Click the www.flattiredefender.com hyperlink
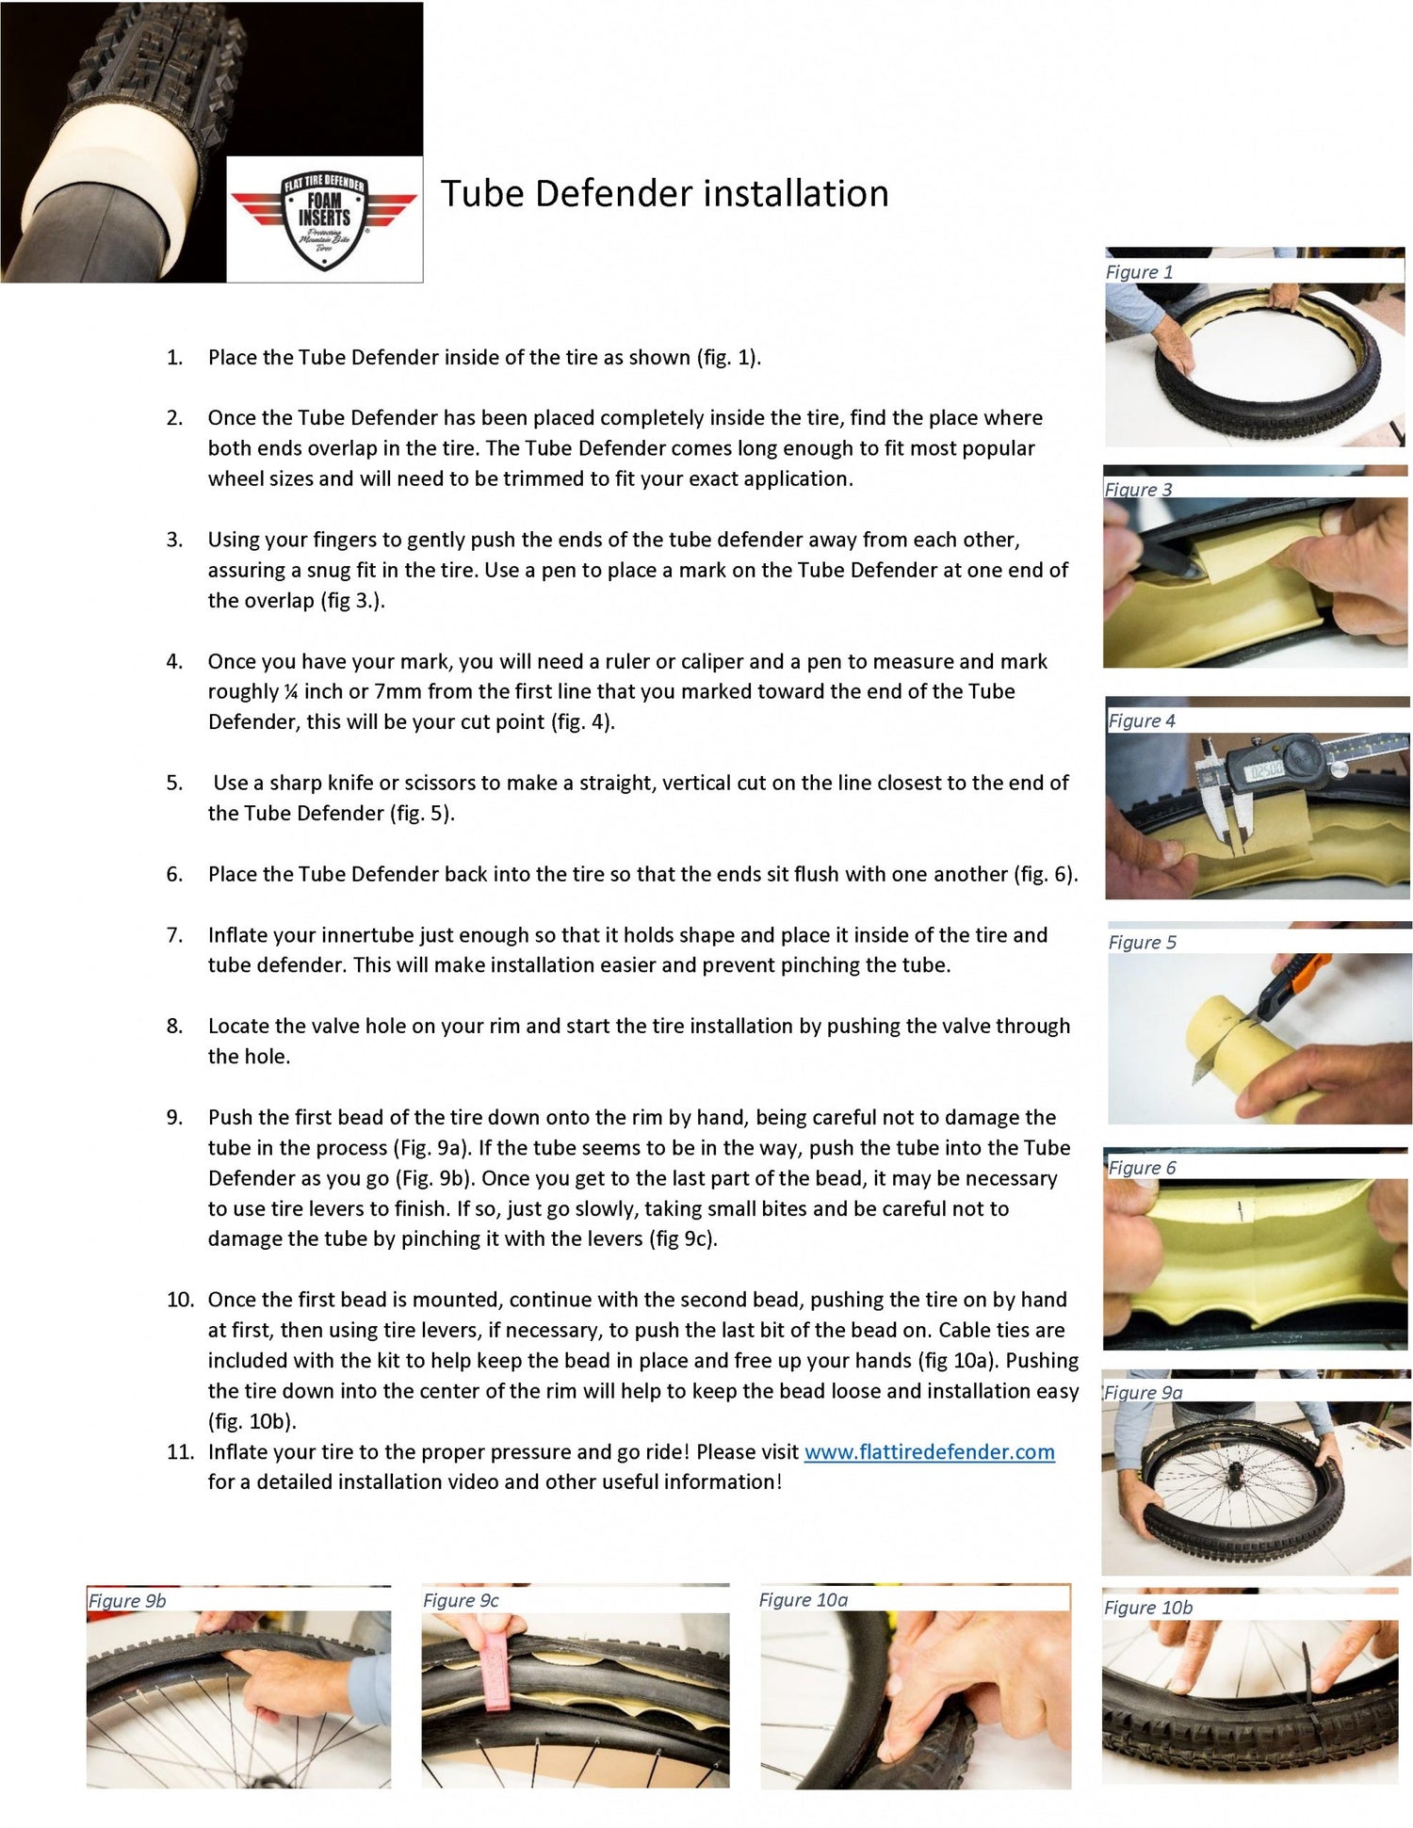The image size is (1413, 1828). (929, 1452)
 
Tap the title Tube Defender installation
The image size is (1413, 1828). (665, 193)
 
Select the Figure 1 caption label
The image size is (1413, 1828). (1139, 272)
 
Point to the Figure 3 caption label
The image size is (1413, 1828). (1138, 490)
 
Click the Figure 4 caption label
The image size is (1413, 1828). (1142, 721)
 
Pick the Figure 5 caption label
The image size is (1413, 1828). (1142, 943)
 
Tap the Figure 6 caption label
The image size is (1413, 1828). (1142, 1168)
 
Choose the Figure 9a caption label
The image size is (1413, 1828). (1144, 1393)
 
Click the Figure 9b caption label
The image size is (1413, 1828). (127, 1601)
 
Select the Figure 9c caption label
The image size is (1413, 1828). (461, 1601)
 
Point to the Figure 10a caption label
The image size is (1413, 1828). (804, 1600)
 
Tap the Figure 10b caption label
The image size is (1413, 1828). (1148, 1608)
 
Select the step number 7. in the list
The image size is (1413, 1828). (175, 935)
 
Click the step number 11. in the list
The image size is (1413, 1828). (180, 1452)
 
